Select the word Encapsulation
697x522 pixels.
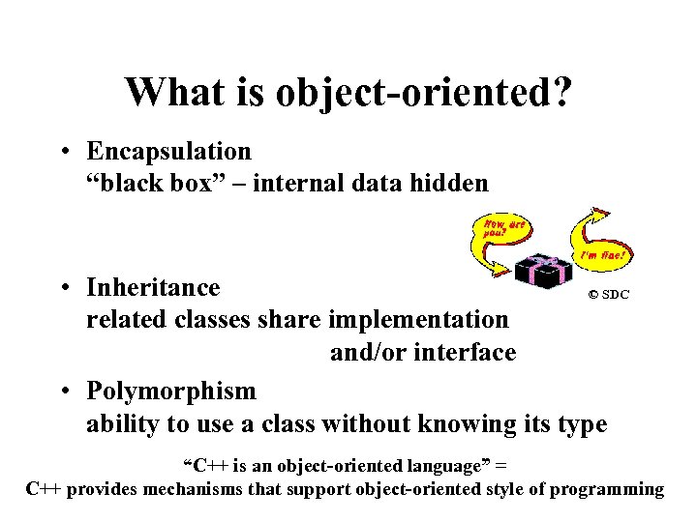(168, 152)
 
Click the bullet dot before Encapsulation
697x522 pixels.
(62, 152)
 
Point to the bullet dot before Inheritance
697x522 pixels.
(62, 288)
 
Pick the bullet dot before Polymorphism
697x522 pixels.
(62, 391)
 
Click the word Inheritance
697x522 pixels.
(153, 288)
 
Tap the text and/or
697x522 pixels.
(367, 353)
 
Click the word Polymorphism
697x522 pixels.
(171, 391)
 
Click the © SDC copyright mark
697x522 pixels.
(609, 295)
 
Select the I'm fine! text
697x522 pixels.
(603, 256)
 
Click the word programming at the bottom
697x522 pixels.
(607, 489)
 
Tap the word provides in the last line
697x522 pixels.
(103, 489)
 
